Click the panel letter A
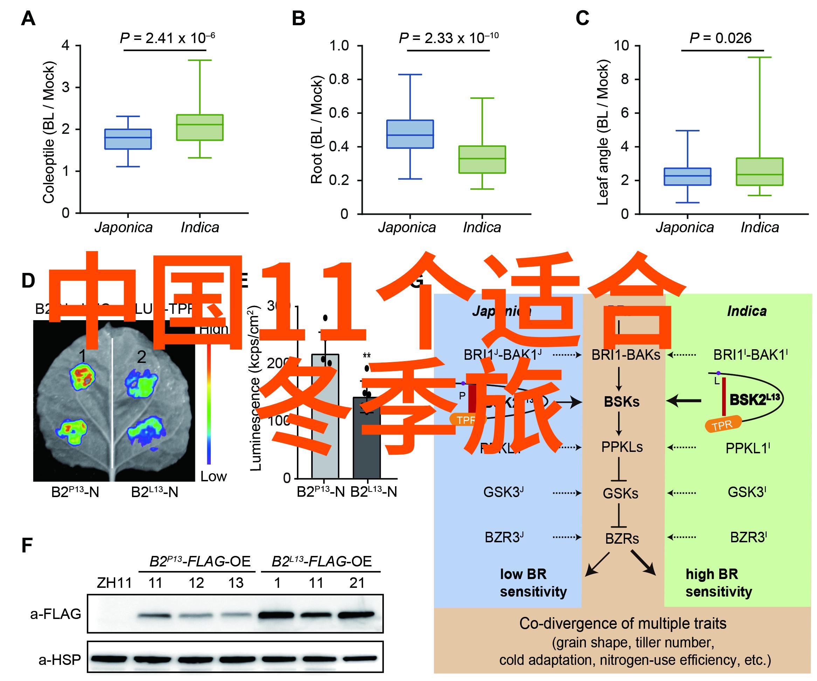tap(28, 18)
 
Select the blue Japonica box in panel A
tap(128, 139)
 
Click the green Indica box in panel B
tap(482, 159)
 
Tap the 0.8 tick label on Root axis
tap(339, 80)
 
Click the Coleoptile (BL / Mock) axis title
tap(49, 132)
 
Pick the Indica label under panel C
tap(760, 227)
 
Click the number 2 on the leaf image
tap(141, 357)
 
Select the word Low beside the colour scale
tap(213, 476)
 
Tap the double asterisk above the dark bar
tap(367, 356)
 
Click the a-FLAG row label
tap(56, 614)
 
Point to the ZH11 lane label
tap(115, 583)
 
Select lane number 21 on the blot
tap(357, 583)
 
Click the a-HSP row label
tap(60, 660)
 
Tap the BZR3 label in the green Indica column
tap(748, 537)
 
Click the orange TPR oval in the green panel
tap(722, 424)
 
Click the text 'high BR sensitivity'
tap(719, 583)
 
